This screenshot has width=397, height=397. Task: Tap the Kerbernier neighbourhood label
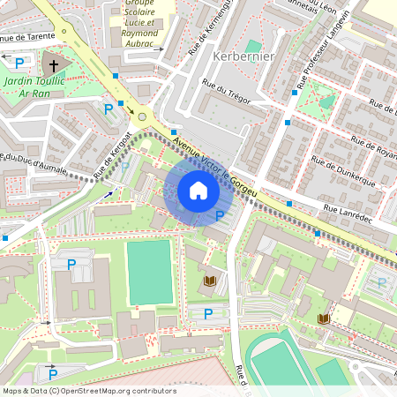pyautogui.click(x=244, y=56)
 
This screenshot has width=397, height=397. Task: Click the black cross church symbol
pyautogui.click(x=53, y=65)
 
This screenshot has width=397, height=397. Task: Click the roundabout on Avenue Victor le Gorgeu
pyautogui.click(x=141, y=116)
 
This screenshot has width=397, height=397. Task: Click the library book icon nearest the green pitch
pyautogui.click(x=210, y=281)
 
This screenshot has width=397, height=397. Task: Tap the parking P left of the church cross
pyautogui.click(x=19, y=62)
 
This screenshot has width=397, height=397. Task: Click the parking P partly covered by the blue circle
pyautogui.click(x=220, y=216)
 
